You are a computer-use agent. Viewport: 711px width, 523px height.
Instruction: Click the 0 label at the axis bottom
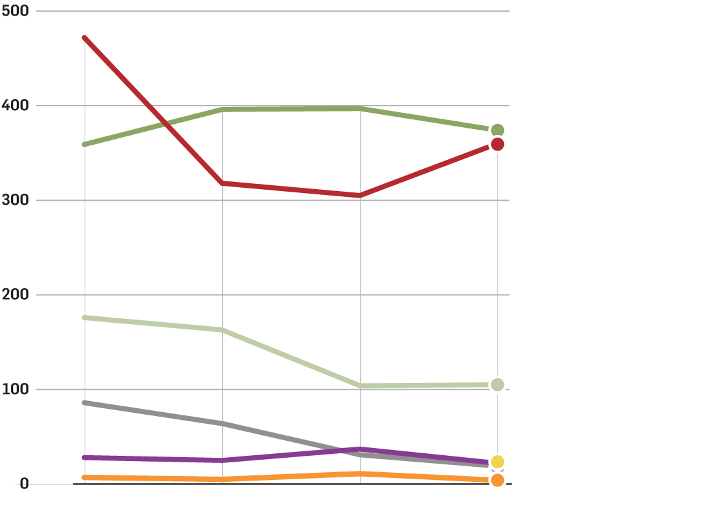tap(24, 484)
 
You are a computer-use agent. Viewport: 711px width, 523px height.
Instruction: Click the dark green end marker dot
tap(497, 130)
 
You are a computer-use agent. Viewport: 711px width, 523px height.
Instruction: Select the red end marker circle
tap(497, 144)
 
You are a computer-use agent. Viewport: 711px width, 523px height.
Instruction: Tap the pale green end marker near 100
tap(497, 385)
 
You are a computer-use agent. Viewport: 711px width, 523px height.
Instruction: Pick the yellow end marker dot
tap(497, 462)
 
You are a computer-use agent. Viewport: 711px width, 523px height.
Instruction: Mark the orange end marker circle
tap(497, 481)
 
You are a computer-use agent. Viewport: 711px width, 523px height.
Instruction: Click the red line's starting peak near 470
tap(85, 38)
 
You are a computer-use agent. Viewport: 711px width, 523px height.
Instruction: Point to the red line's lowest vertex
tap(360, 196)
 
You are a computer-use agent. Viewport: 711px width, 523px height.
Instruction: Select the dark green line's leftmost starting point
tap(85, 144)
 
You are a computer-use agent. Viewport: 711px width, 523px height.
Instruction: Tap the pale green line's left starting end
tap(85, 318)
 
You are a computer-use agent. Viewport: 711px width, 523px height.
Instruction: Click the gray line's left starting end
tap(85, 403)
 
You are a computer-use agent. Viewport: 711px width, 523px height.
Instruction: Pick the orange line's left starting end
tap(85, 477)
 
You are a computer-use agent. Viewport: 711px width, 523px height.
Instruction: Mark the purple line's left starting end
tap(85, 458)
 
